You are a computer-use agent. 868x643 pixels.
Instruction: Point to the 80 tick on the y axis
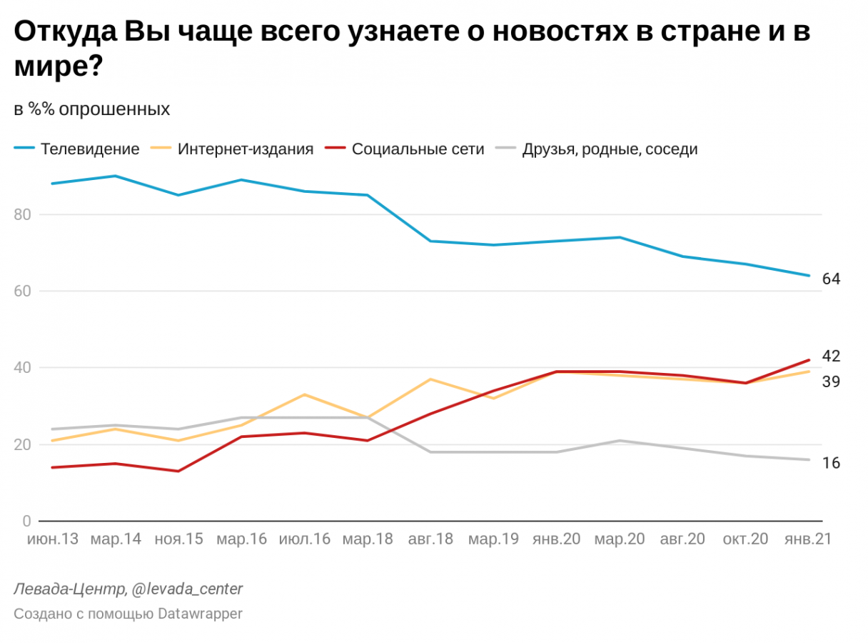click(x=26, y=214)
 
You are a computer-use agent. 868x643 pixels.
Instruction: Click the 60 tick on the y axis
click(x=26, y=291)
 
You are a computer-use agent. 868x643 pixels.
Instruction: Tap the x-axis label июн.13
click(x=52, y=539)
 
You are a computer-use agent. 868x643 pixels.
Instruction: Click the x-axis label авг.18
click(x=430, y=539)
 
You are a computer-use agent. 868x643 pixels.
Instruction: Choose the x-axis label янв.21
click(x=808, y=539)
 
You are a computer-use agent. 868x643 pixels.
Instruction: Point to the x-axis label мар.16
click(x=241, y=539)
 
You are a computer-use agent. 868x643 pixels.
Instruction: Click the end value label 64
click(x=831, y=279)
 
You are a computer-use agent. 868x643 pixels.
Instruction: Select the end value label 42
click(x=831, y=356)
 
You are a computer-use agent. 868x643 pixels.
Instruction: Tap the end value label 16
click(x=831, y=463)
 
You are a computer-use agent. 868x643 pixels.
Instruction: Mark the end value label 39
click(x=831, y=382)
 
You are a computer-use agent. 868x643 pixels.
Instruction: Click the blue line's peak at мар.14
click(x=116, y=176)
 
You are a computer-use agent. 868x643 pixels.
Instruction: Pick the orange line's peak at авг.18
click(x=430, y=379)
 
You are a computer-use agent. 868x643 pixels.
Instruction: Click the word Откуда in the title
click(x=65, y=33)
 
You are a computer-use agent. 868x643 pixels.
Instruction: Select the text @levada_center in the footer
click(x=187, y=589)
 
